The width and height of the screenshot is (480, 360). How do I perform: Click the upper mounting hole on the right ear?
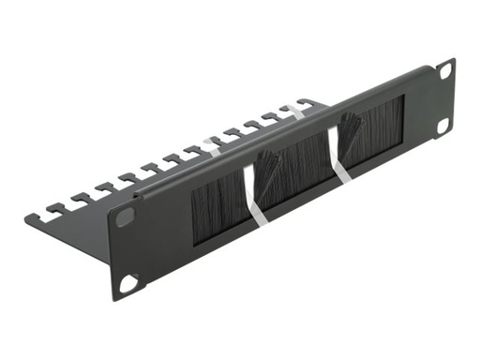[444, 71]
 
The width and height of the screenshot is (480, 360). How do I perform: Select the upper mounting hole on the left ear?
[126, 217]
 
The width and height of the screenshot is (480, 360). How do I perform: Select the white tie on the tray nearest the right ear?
[297, 109]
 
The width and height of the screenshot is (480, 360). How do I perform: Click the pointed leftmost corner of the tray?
[27, 220]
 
